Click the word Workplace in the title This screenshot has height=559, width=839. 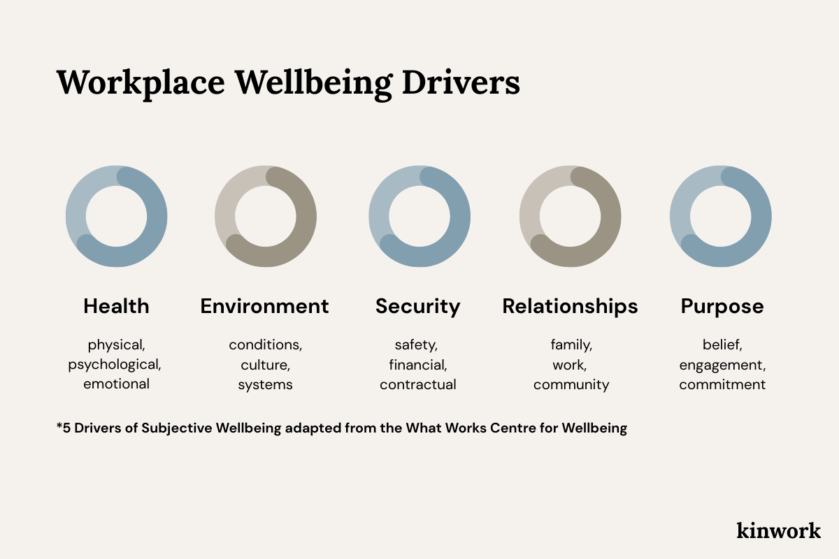(141, 82)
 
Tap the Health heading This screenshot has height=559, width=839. (116, 306)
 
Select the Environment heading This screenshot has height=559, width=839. (264, 306)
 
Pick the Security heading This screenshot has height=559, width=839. (417, 306)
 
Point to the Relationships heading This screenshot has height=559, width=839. (570, 306)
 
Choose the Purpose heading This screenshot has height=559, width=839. (722, 306)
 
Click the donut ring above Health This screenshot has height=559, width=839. (157, 217)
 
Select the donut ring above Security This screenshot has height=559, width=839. (460, 217)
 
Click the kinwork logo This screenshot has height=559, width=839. (778, 530)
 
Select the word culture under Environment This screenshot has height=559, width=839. (264, 364)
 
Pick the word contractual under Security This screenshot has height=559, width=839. (418, 384)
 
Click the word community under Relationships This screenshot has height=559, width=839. (571, 384)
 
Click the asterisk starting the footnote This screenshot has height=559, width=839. (59, 426)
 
